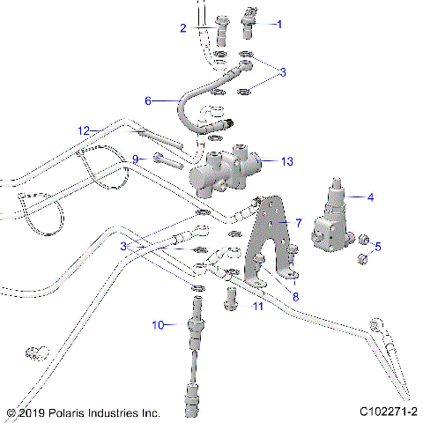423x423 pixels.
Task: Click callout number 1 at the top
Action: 281,25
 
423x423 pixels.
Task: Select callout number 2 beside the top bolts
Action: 183,28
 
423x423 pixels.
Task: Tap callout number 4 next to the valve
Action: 371,197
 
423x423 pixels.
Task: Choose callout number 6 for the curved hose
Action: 149,101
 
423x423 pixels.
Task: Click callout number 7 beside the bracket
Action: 299,223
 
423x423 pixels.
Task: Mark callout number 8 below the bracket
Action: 295,297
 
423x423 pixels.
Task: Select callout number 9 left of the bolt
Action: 136,159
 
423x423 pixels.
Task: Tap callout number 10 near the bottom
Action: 159,325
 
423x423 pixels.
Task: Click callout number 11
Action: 258,306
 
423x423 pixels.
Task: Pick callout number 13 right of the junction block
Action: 286,161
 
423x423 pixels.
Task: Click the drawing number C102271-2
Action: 388,412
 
